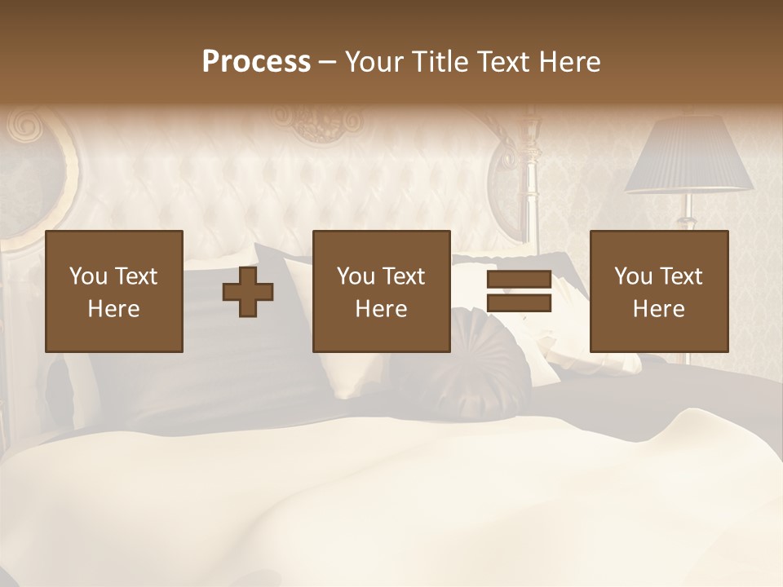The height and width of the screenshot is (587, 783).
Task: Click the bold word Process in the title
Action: [x=256, y=62]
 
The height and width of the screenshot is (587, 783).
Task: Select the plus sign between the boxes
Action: [x=248, y=292]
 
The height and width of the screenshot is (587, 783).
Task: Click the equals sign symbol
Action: [x=519, y=292]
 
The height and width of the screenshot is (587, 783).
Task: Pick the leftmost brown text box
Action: [x=114, y=291]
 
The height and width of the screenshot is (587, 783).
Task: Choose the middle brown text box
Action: [x=381, y=291]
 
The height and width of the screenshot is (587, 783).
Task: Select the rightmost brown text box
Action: [x=659, y=291]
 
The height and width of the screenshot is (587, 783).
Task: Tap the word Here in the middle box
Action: [x=381, y=309]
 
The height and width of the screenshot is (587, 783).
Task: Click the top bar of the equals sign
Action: [x=519, y=280]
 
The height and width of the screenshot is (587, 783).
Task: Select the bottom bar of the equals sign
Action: [x=519, y=303]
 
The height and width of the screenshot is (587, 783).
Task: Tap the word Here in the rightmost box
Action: [x=659, y=309]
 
